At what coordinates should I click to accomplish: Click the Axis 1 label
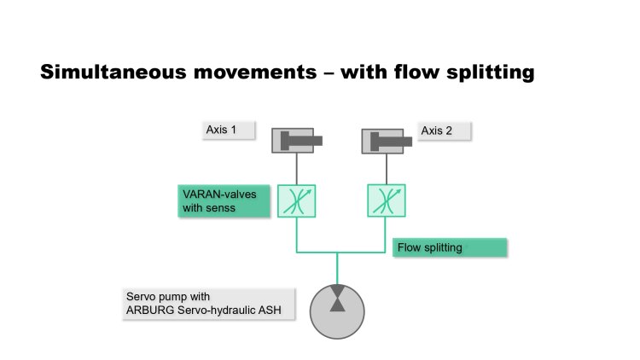click(229, 131)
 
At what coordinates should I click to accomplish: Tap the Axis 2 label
click(444, 131)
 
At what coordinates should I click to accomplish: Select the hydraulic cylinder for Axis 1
click(297, 141)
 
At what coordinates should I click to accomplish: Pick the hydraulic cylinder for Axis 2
click(387, 142)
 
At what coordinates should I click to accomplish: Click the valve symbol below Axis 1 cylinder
click(297, 200)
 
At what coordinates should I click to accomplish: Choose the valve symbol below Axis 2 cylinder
click(387, 200)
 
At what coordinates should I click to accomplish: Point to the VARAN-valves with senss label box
click(224, 200)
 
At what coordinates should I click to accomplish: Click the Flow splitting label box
click(450, 247)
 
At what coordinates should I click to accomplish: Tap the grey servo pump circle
click(337, 311)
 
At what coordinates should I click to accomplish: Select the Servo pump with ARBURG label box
click(208, 304)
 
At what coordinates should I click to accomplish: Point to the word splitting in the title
click(490, 73)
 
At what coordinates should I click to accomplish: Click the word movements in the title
click(255, 73)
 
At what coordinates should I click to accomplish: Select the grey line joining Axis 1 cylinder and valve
click(297, 169)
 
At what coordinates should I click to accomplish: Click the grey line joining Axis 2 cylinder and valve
click(387, 170)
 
